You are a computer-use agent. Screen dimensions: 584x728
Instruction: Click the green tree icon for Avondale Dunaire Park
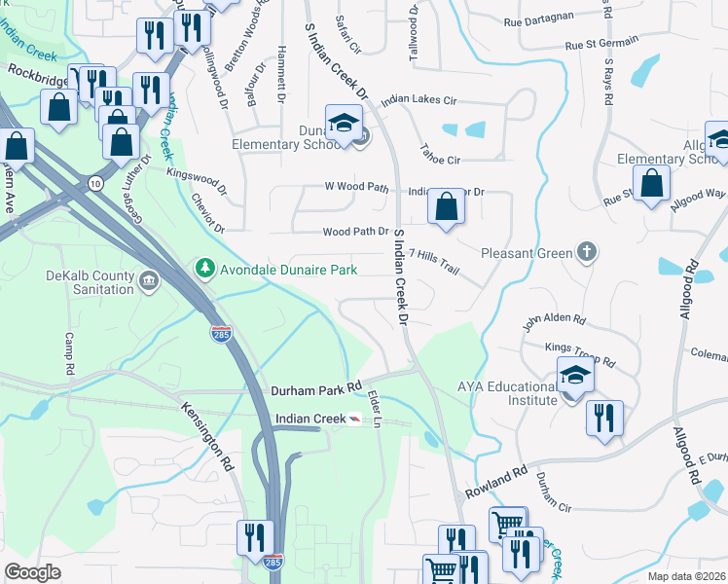(204, 267)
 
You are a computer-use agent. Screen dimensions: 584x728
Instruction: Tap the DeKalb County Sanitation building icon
(147, 282)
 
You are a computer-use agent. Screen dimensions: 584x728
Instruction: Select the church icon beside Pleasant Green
(585, 253)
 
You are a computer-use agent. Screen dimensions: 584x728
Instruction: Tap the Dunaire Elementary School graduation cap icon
(344, 123)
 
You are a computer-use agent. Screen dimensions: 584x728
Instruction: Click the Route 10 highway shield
(94, 182)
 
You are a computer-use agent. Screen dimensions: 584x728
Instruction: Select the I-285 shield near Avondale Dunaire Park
(222, 334)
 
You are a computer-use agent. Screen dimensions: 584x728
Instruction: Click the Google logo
(33, 571)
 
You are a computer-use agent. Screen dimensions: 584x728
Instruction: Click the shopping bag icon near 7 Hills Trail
(446, 207)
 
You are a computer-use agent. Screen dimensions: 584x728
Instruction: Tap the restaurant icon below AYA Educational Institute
(604, 418)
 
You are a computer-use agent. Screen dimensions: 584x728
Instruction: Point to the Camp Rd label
(69, 354)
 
